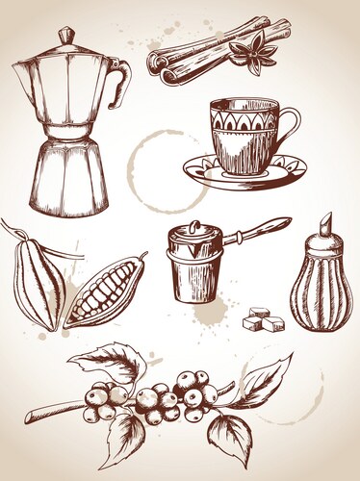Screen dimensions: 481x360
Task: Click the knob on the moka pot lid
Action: pos(65,35)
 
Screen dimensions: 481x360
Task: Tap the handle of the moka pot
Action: pos(119,85)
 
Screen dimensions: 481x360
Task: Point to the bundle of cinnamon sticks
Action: pos(207,55)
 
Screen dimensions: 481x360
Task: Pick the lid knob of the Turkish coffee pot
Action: pos(191,227)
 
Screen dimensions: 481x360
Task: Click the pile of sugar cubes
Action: pos(263,319)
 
